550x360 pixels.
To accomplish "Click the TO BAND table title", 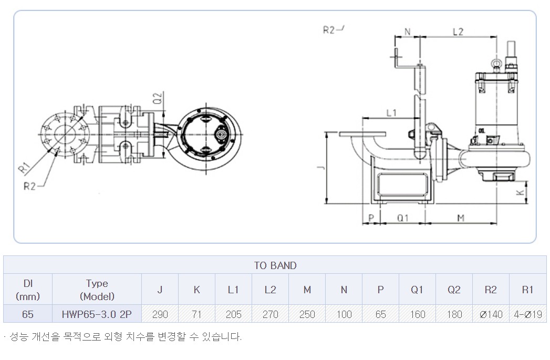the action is pyautogui.click(x=275, y=265).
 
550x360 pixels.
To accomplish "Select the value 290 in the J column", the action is pyautogui.click(x=160, y=314).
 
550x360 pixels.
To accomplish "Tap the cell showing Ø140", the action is pyautogui.click(x=491, y=314).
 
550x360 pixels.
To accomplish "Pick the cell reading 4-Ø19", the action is pyautogui.click(x=528, y=314).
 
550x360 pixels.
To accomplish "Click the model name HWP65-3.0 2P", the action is pyautogui.click(x=97, y=314).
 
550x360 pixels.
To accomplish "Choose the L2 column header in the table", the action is pyautogui.click(x=270, y=290).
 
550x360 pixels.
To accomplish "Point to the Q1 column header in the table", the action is pyautogui.click(x=417, y=290).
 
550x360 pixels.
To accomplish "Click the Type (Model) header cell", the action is pyautogui.click(x=97, y=290).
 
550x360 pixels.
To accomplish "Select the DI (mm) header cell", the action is pyautogui.click(x=28, y=290).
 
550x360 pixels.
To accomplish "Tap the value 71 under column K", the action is pyautogui.click(x=197, y=314).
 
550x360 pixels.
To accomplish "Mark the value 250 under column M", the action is pyautogui.click(x=307, y=314).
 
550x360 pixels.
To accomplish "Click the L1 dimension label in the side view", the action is pyautogui.click(x=391, y=112).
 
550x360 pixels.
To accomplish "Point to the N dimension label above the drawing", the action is pyautogui.click(x=408, y=32).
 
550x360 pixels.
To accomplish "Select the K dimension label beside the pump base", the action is pyautogui.click(x=521, y=192).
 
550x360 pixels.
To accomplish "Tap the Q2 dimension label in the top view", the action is pyautogui.click(x=158, y=98).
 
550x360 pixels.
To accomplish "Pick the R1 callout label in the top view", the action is pyautogui.click(x=24, y=168).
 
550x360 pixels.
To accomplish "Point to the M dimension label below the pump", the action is pyautogui.click(x=461, y=218).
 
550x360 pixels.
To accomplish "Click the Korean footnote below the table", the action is pyautogui.click(x=123, y=337).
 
